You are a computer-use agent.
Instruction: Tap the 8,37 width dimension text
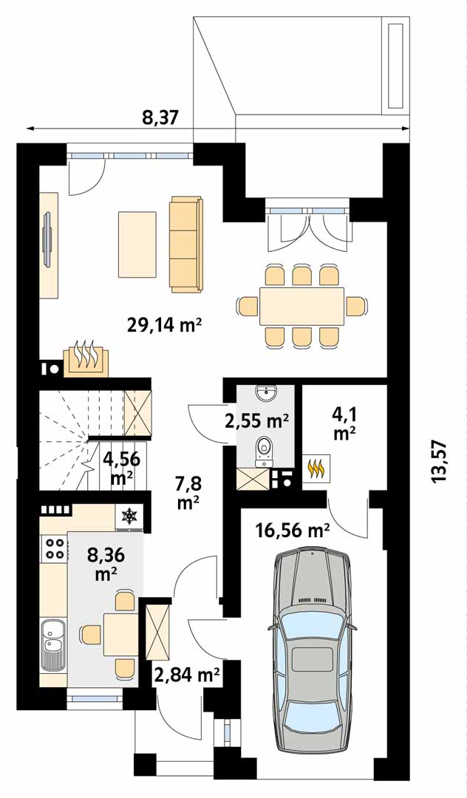pyautogui.click(x=160, y=118)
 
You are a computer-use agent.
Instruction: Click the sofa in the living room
pyautogui.click(x=186, y=245)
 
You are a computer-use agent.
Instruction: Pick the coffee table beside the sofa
pyautogui.click(x=137, y=245)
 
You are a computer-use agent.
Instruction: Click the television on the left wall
pyautogui.click(x=48, y=239)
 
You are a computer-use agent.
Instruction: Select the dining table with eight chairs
pyautogui.click(x=301, y=307)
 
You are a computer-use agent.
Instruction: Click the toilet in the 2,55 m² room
pyautogui.click(x=264, y=452)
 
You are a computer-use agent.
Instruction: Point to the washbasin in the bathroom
pyautogui.click(x=265, y=392)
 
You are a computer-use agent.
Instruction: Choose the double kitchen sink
pyautogui.click(x=52, y=644)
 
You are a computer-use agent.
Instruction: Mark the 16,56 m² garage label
pyautogui.click(x=293, y=531)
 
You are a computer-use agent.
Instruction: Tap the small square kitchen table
pyautogui.click(x=121, y=634)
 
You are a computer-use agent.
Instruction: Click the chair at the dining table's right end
pyautogui.click(x=357, y=306)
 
